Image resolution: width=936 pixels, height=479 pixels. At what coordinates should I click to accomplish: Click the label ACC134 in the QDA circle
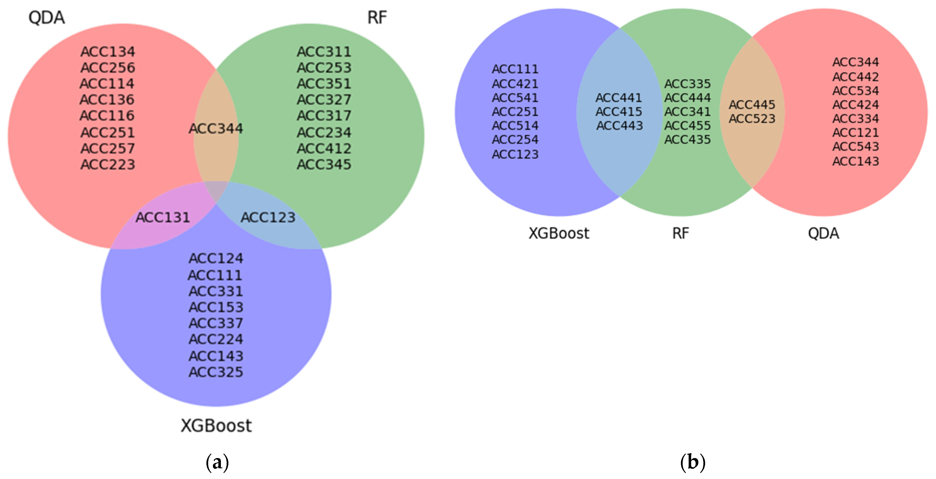[x=108, y=52]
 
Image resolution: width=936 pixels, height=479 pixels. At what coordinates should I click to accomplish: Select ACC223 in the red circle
[x=108, y=164]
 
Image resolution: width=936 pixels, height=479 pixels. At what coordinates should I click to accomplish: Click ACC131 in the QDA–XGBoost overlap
[x=162, y=218]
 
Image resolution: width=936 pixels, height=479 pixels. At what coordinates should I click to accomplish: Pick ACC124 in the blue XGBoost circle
[x=216, y=258]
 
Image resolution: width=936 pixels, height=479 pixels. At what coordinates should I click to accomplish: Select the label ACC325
[x=216, y=372]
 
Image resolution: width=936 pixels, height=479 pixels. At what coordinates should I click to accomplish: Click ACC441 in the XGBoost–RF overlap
[x=619, y=98]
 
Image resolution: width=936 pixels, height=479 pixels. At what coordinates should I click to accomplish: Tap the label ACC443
[x=620, y=126]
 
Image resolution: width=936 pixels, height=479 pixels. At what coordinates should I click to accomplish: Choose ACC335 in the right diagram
[x=687, y=84]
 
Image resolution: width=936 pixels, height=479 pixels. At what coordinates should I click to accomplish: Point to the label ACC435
[x=687, y=139]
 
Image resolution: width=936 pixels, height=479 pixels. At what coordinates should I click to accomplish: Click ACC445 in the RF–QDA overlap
[x=752, y=105]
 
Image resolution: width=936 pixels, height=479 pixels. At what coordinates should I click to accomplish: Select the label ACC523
[x=752, y=119]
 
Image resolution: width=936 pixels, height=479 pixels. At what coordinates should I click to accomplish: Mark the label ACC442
[x=855, y=77]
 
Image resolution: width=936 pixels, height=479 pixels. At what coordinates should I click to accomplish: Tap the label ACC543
[x=855, y=146]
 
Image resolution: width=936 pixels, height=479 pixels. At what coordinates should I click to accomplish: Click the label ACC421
[x=515, y=84]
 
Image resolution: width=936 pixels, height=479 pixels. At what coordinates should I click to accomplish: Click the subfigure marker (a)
[x=217, y=462]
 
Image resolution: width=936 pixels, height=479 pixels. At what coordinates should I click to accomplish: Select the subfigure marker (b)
[x=693, y=462]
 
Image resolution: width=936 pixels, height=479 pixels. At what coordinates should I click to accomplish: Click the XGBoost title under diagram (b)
[x=558, y=233]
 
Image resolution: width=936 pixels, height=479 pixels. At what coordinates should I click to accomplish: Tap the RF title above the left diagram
[x=377, y=17]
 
